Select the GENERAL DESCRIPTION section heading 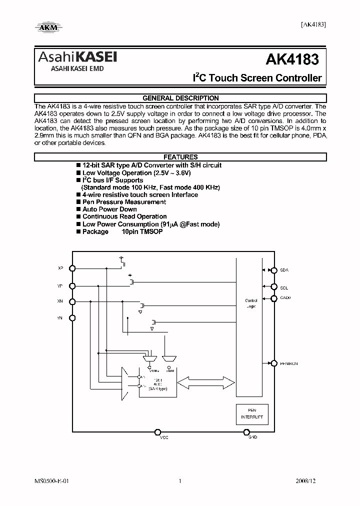tap(180, 98)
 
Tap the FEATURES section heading tap(180, 157)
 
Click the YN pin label tap(60, 318)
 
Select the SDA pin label tap(284, 270)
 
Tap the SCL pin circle tap(273, 287)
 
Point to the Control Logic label tap(251, 303)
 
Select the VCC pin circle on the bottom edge tap(157, 432)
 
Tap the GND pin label tap(252, 437)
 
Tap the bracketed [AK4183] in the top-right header tap(313, 24)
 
